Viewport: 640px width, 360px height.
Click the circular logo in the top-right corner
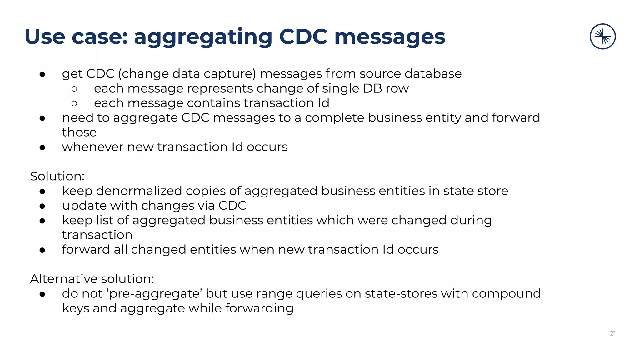click(x=602, y=37)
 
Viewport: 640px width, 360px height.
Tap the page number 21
click(x=612, y=333)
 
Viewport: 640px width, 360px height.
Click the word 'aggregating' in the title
click(x=203, y=37)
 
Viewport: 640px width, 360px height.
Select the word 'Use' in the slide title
click(x=45, y=37)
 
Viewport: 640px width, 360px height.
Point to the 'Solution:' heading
click(x=57, y=176)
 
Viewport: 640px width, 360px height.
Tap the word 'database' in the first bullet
click(x=433, y=74)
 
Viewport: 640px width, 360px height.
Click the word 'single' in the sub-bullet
click(x=341, y=89)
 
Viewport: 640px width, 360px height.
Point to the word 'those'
click(x=79, y=132)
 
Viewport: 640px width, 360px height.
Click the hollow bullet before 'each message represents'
click(x=74, y=89)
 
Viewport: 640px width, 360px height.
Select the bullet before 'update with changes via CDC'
click(x=42, y=206)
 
